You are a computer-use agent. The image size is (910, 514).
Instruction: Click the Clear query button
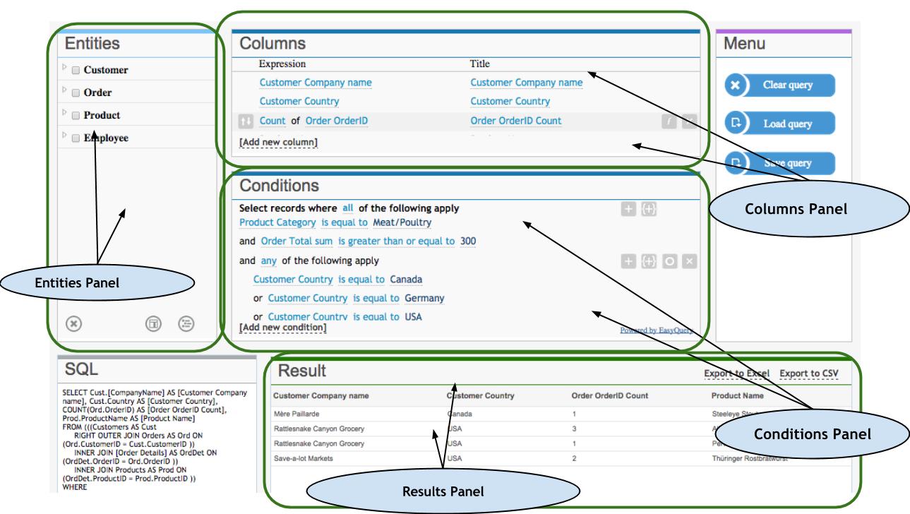(780, 85)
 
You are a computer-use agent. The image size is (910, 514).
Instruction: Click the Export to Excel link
(737, 373)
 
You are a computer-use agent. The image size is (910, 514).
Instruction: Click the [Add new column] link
(278, 142)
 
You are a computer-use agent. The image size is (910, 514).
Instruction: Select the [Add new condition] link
(283, 328)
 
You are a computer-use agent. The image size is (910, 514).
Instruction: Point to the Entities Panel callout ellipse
(98, 285)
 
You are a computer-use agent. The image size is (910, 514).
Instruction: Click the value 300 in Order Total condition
(467, 241)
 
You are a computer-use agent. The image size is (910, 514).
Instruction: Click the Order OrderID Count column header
(609, 395)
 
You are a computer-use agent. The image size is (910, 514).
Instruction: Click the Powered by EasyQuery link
(655, 329)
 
